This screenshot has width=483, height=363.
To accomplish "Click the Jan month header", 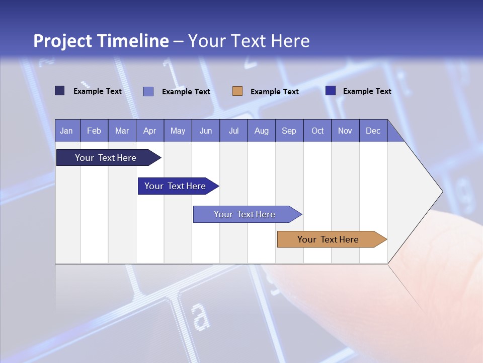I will pos(67,131).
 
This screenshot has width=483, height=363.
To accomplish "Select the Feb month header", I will pos(94,131).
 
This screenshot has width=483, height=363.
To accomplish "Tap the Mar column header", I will pos(122,131).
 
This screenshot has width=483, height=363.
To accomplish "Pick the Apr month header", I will pos(149,131).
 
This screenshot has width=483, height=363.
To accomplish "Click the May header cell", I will pos(178,131).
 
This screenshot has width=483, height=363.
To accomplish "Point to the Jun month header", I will pos(206,131).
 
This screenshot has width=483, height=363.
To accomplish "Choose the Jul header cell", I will pos(233,131).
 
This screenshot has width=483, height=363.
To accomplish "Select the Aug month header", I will pos(261,131).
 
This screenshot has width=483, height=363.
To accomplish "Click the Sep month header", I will pos(289,131).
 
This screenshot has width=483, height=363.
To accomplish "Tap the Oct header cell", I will pos(317,131).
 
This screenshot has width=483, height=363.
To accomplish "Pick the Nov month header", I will pos(345,131).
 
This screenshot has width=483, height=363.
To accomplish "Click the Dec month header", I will pos(373,131).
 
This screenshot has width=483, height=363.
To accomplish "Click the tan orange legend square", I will pos(237,91).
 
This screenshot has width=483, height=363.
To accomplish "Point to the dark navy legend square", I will pos(60,91).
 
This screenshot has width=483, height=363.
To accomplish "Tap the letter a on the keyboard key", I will pos(200,316).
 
